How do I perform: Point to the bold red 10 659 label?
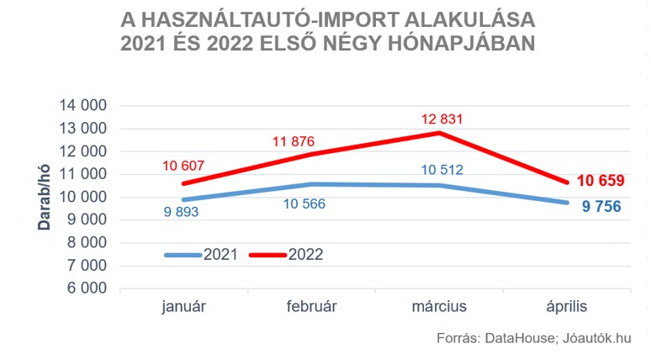(600, 181)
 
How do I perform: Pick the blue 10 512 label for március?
(442, 170)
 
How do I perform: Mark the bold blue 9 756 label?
(601, 205)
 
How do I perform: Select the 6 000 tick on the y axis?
(86, 289)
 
